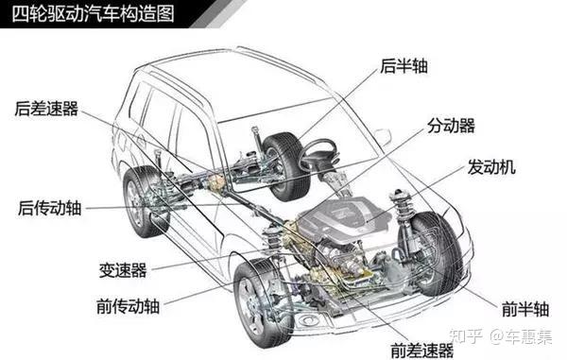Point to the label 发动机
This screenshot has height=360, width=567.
(492, 167)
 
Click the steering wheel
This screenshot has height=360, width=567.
(319, 154)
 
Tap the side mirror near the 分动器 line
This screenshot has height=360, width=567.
(383, 138)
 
